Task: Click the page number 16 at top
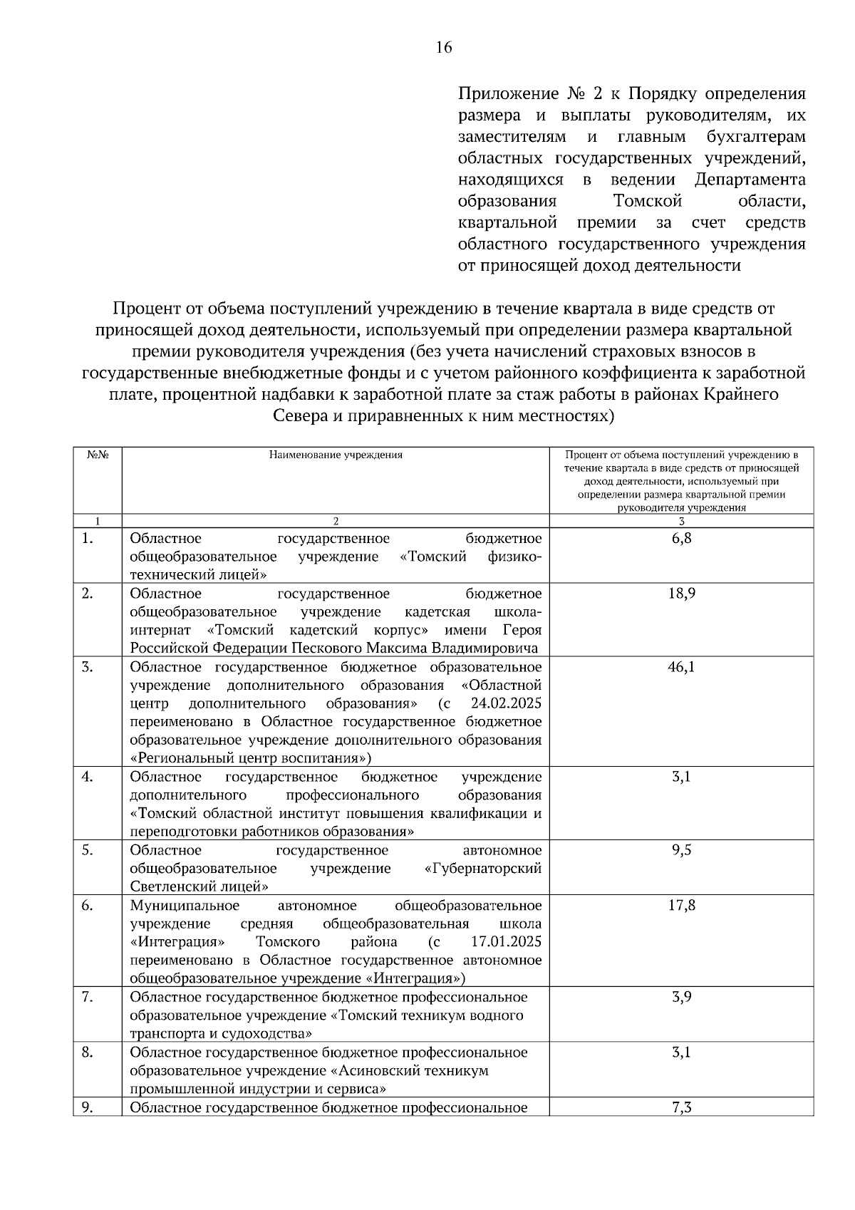pyautogui.click(x=443, y=48)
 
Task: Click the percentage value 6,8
pyautogui.click(x=681, y=538)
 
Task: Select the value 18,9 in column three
pyautogui.click(x=681, y=594)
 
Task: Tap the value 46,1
pyautogui.click(x=681, y=667)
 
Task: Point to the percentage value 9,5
pyautogui.click(x=681, y=850)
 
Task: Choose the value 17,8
pyautogui.click(x=681, y=905)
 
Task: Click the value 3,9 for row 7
pyautogui.click(x=681, y=997)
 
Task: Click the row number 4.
pyautogui.click(x=87, y=777)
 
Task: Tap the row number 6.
pyautogui.click(x=87, y=905)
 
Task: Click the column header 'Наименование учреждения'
pyautogui.click(x=335, y=455)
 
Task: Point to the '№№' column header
pyautogui.click(x=97, y=455)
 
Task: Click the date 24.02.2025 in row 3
pyautogui.click(x=506, y=703)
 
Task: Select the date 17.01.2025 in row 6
pyautogui.click(x=506, y=942)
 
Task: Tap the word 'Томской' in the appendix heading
pyautogui.click(x=648, y=201)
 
